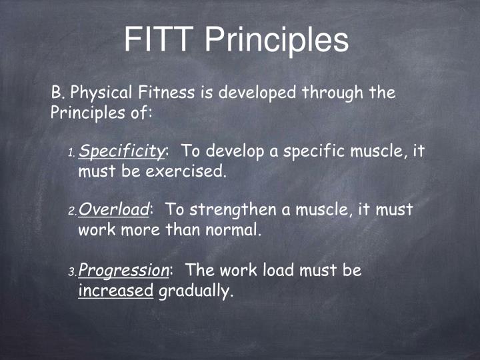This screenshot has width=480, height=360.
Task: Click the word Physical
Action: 99,93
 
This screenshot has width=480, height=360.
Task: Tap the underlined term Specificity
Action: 121,152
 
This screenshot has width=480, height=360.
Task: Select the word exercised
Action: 186,172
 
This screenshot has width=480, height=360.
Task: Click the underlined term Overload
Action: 113,210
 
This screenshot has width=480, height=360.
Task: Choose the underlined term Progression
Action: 124,271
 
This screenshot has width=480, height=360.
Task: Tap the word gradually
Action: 195,291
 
